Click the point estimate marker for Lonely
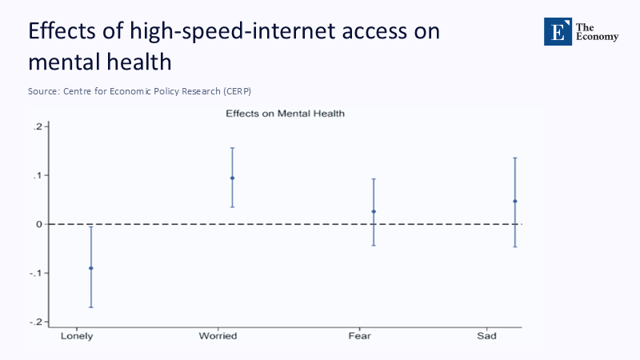coord(90,268)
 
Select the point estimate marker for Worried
coord(232,178)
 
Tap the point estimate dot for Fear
coord(374,211)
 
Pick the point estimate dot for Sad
coord(515,201)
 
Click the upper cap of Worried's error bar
coord(232,148)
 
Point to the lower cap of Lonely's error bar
coord(90,307)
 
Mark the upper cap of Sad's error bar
coord(515,158)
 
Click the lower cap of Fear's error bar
coord(374,245)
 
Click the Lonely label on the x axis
coord(77,336)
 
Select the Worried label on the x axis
coord(218,336)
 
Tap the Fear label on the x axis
coord(359,336)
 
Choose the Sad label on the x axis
coord(486,336)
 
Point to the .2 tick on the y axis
coord(38,126)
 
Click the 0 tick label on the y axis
coord(38,224)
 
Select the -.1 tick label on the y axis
coord(35,273)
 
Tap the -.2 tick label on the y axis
coord(35,322)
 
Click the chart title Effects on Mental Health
coord(285,114)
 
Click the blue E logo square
coord(558,31)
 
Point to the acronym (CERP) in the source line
coord(246,91)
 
